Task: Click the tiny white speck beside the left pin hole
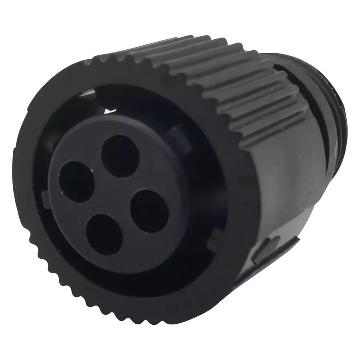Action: [x=93, y=172]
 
